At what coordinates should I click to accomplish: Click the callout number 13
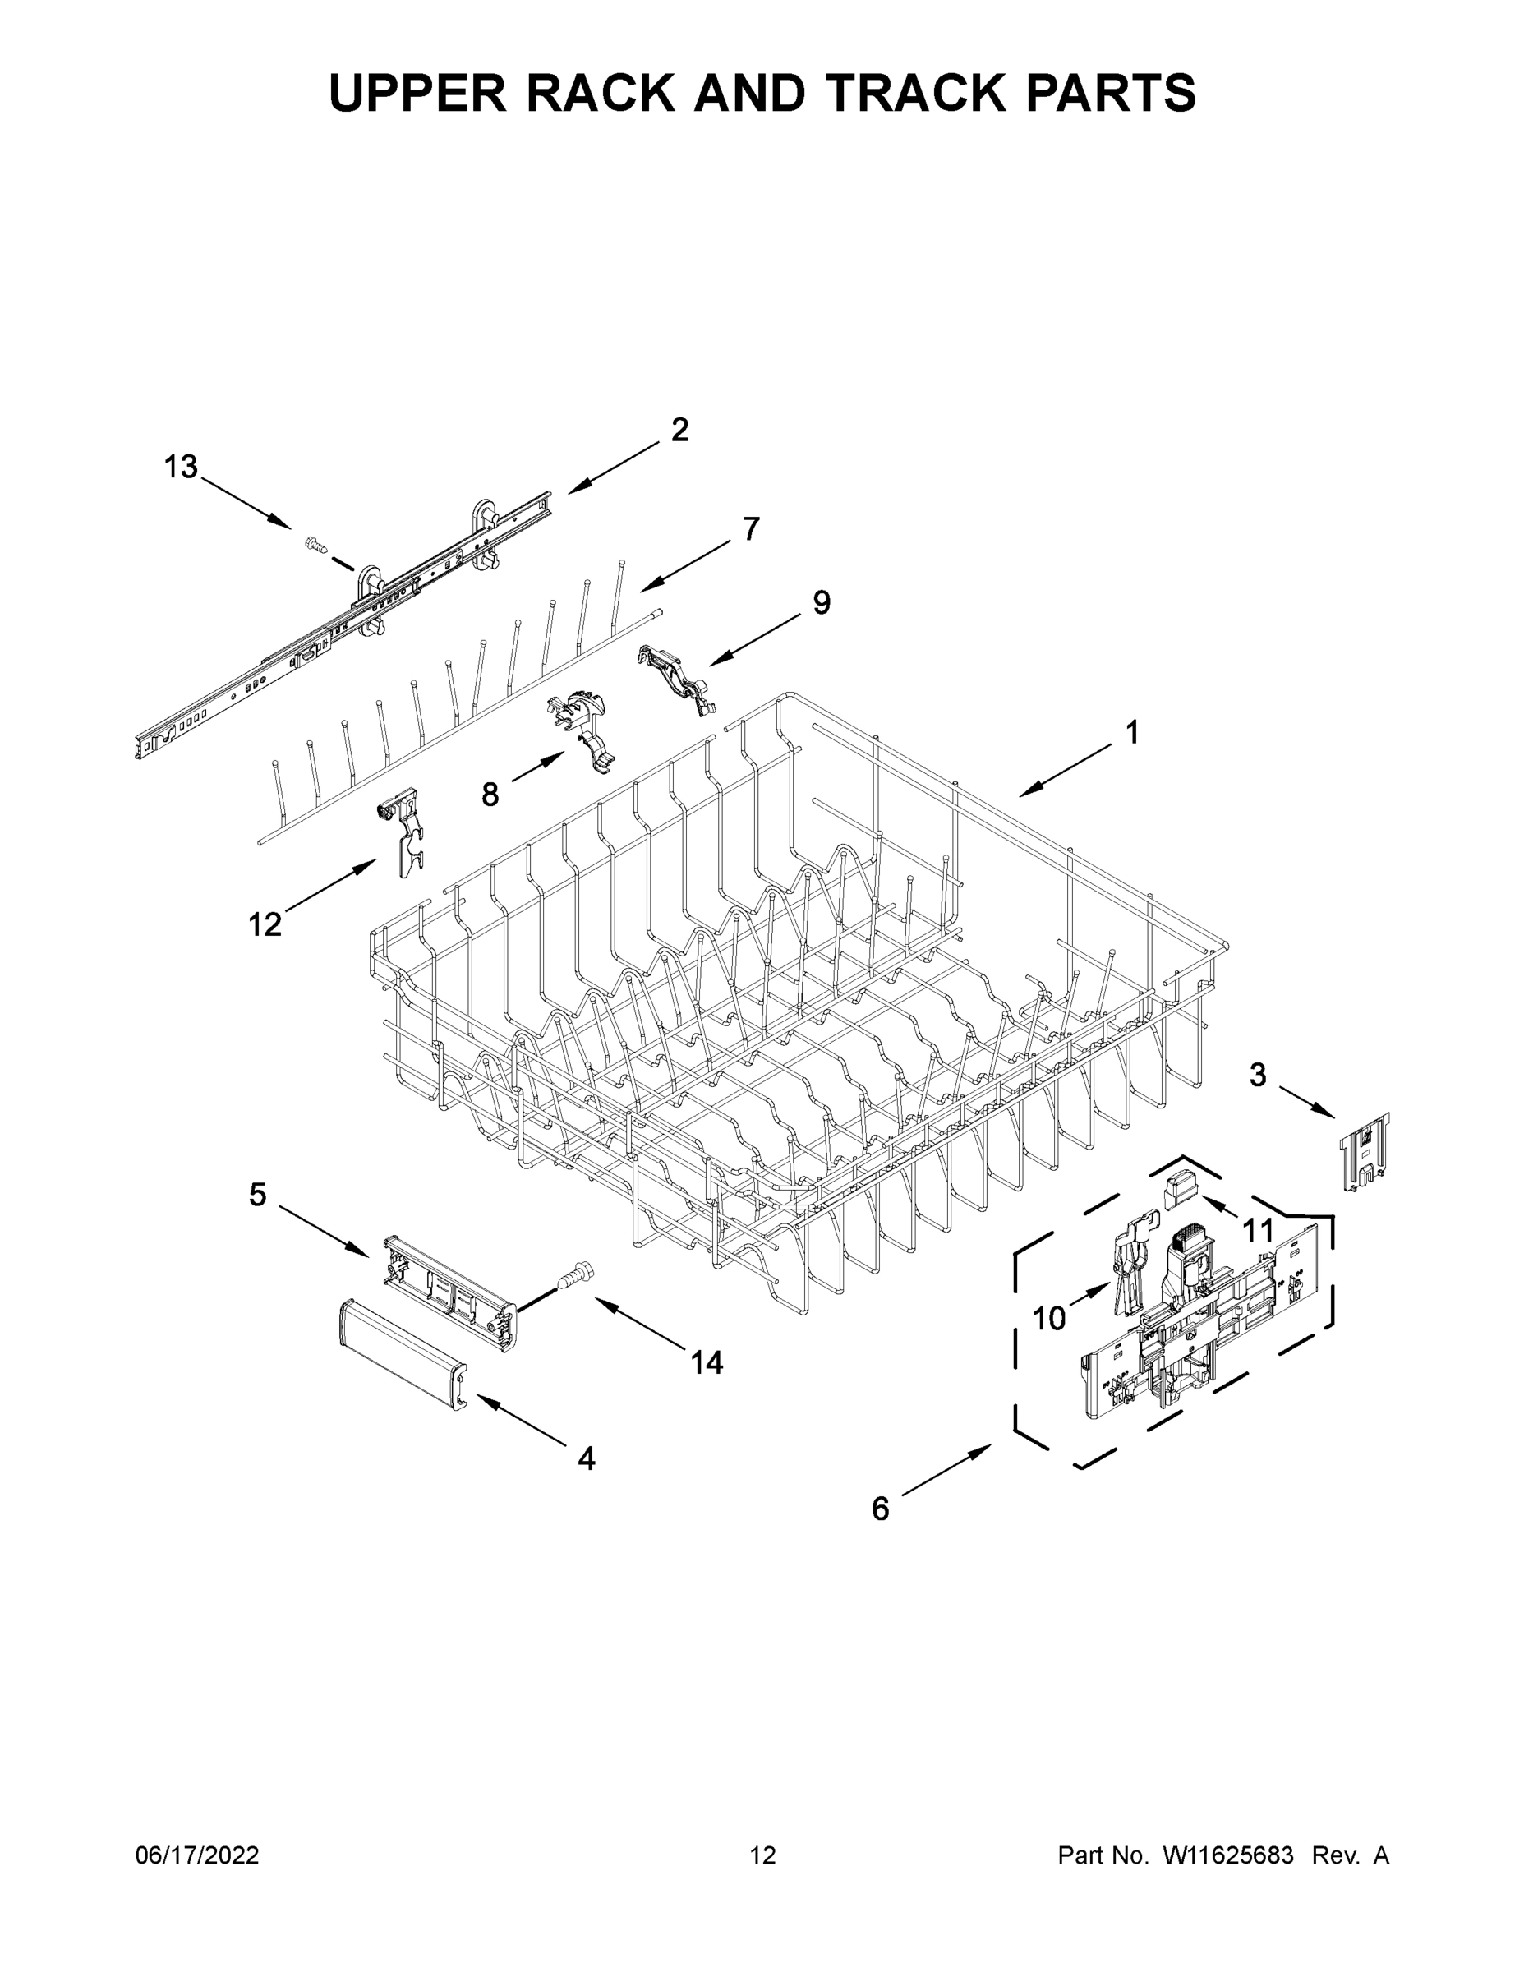(x=181, y=467)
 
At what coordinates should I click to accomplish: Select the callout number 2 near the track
(x=679, y=429)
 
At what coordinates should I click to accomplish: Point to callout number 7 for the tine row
(x=751, y=528)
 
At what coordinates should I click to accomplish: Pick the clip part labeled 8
(x=582, y=730)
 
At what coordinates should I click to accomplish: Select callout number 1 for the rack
(x=1132, y=732)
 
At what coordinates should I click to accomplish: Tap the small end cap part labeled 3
(x=1364, y=1153)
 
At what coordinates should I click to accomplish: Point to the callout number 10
(x=1049, y=1319)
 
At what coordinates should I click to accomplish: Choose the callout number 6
(x=880, y=1509)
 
